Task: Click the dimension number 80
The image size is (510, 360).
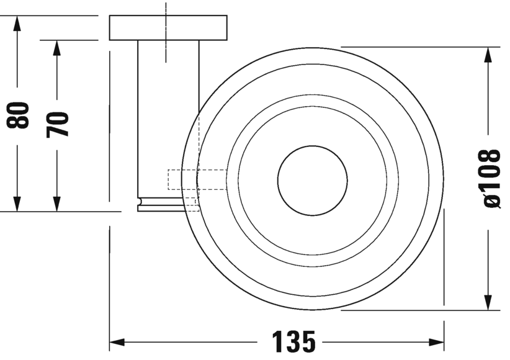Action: point(17,115)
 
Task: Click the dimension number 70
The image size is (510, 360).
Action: point(57,124)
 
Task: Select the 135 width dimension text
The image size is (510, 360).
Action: point(293,342)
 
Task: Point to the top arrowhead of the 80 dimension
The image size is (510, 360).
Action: point(17,24)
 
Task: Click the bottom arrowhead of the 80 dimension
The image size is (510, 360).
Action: point(17,204)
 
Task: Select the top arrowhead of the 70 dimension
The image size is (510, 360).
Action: point(57,48)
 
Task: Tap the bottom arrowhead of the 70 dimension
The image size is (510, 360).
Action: point(57,204)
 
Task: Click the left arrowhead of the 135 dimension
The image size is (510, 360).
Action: point(117,342)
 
